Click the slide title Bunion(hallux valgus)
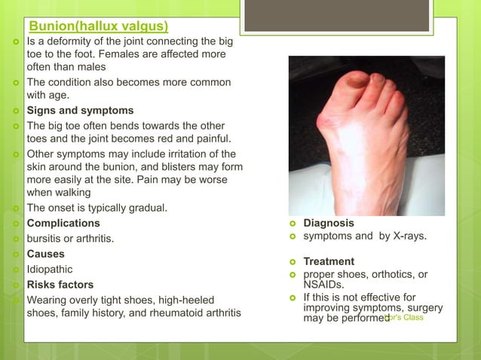[x=98, y=29]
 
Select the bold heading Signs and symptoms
[x=80, y=111]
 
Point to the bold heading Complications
[x=63, y=224]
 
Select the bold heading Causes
[x=46, y=254]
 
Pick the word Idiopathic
[x=50, y=269]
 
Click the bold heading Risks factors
[x=60, y=285]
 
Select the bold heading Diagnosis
[x=329, y=223]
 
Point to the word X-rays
[x=406, y=236]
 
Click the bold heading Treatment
[x=329, y=261]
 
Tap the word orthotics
[x=384, y=274]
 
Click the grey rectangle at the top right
[x=337, y=16]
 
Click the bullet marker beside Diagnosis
[x=293, y=224]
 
